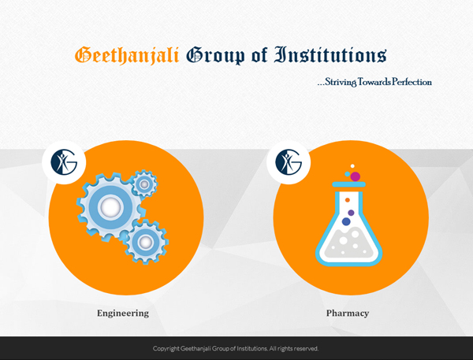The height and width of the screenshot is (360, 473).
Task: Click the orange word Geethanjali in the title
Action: tap(127, 55)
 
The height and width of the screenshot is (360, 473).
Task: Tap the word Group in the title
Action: tap(216, 56)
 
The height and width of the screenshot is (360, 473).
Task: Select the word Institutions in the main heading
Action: tap(330, 55)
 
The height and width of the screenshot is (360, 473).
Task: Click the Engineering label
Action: tap(123, 314)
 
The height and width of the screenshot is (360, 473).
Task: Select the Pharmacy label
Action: tap(348, 314)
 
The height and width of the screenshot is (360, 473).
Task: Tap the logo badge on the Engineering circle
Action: tap(64, 162)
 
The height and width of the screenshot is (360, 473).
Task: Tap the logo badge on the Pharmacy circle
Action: tap(289, 162)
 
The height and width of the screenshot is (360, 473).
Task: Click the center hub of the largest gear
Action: tap(110, 207)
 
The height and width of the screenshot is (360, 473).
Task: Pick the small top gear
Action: tap(144, 184)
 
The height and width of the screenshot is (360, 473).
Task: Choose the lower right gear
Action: tap(146, 242)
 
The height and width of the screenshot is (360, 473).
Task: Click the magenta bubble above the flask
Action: tap(356, 176)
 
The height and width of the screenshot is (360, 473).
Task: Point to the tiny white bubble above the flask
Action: tap(352, 166)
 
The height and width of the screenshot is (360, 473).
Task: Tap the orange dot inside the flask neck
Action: tap(348, 200)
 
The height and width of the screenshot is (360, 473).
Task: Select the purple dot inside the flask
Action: tap(351, 213)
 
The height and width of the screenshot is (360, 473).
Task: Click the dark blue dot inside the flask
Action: tap(346, 221)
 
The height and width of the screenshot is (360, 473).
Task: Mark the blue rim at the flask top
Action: tap(348, 184)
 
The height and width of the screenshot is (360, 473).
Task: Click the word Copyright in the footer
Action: tap(166, 348)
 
